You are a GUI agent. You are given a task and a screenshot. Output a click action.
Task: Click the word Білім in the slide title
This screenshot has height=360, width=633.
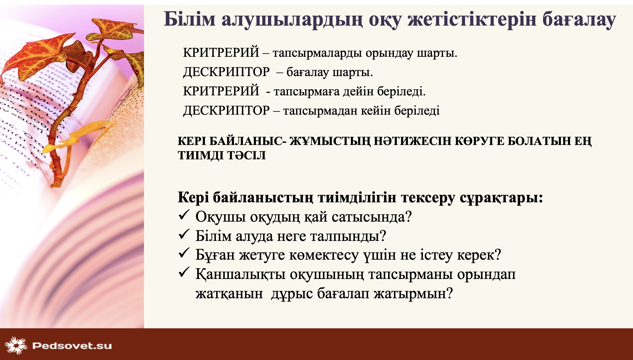click(x=190, y=19)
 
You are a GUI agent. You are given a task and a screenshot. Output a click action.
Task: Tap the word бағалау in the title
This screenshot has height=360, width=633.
click(x=579, y=20)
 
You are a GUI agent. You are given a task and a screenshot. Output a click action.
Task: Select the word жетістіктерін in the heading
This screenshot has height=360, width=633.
click(x=472, y=20)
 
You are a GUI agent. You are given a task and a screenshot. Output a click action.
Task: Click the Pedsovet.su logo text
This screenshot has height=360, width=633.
click(x=72, y=346)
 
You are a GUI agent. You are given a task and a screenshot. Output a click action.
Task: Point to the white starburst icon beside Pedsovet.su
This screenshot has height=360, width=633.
click(x=16, y=345)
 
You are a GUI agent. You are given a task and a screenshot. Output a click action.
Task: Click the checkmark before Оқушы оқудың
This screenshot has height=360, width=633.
click(x=184, y=215)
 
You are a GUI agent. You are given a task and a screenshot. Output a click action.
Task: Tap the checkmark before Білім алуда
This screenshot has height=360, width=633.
click(x=184, y=234)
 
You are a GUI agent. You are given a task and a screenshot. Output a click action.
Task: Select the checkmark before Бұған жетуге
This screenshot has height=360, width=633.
click(x=184, y=253)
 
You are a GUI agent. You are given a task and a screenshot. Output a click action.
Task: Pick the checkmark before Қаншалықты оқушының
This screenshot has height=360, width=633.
click(x=184, y=272)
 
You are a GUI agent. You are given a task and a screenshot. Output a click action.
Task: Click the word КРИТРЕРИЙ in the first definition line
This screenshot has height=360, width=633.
click(x=221, y=52)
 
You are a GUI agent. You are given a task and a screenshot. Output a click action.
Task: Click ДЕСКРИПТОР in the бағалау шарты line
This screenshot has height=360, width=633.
click(x=226, y=72)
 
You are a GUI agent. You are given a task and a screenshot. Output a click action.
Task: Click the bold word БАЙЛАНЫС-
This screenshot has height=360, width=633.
click(x=248, y=141)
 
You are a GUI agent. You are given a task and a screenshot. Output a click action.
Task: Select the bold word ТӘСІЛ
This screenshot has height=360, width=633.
click(x=246, y=155)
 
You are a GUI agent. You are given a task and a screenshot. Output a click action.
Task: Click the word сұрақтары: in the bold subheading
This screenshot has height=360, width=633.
click(x=501, y=198)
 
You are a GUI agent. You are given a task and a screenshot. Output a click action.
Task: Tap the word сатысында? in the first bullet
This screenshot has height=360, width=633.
click(x=372, y=217)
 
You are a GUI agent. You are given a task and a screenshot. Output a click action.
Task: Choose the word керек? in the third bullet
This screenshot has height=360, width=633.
click(x=479, y=255)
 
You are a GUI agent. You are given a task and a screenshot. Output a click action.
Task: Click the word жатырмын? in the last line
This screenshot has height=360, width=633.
click(x=413, y=294)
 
